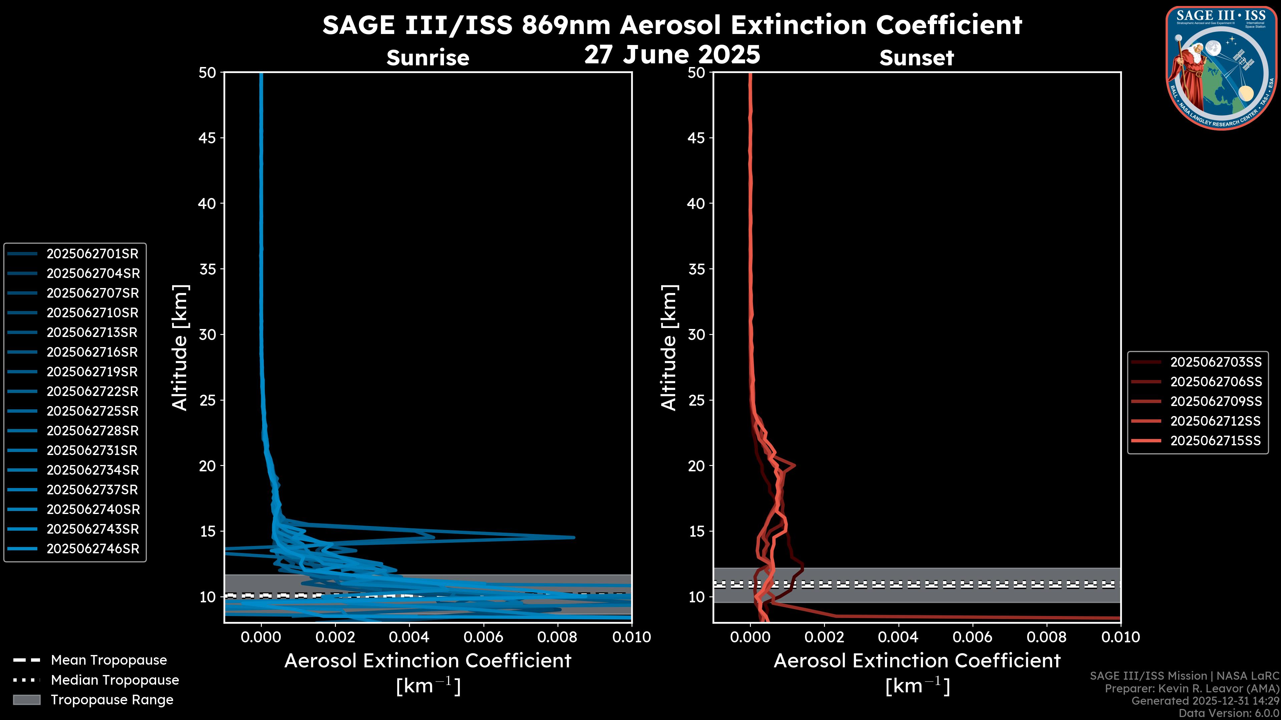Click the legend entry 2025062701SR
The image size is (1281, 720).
92,254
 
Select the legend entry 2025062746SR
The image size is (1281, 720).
92,549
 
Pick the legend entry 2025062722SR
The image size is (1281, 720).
92,392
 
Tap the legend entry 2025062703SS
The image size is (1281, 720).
1215,362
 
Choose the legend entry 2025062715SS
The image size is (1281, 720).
1215,441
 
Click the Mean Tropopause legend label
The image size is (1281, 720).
109,660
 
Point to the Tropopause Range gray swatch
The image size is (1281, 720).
26,700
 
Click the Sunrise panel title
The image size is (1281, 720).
428,58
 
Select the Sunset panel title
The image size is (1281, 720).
916,58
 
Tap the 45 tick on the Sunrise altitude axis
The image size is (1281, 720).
207,138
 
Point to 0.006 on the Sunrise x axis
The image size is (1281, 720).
483,637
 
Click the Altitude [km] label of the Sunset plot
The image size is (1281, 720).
669,348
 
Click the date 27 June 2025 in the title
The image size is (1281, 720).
672,55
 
